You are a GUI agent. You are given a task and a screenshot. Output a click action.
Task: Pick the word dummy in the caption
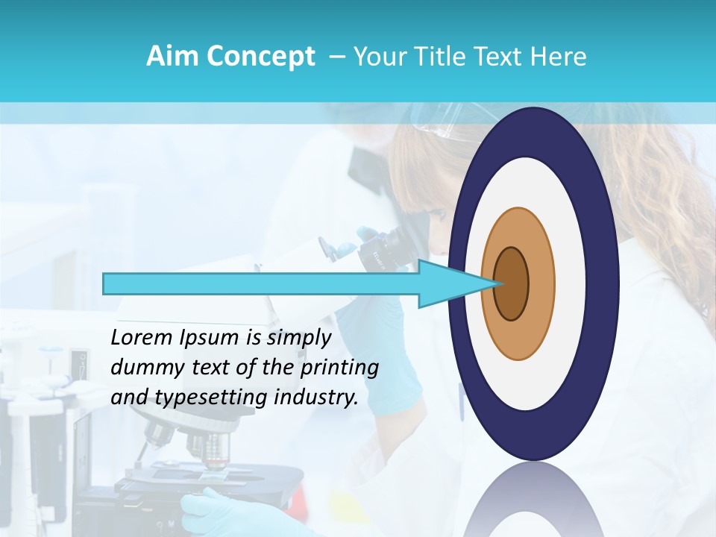(142, 368)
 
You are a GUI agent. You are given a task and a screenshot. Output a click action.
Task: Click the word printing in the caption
(341, 368)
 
